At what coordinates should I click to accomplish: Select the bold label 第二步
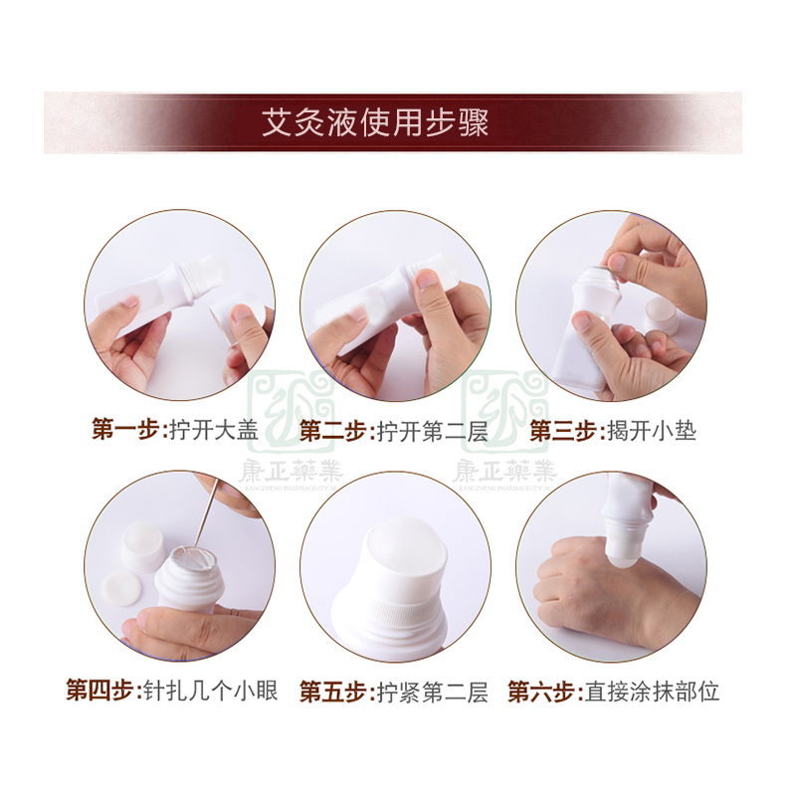coord(334,431)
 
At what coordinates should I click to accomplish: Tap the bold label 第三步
coord(562,431)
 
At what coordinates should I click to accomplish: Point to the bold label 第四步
coord(101,690)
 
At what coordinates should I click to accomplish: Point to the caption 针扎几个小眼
coord(208,690)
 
